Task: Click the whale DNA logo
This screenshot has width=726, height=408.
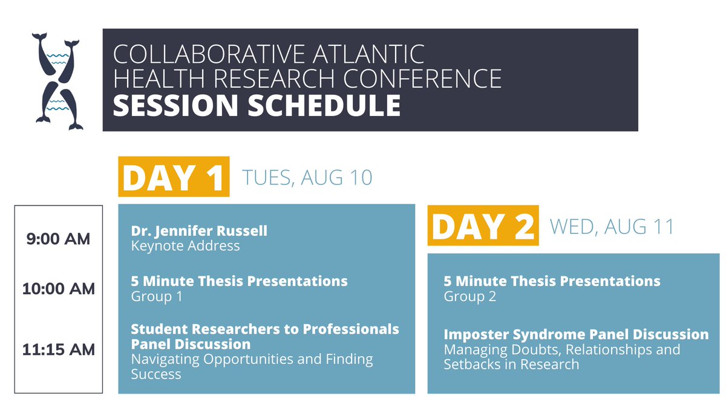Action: [59, 81]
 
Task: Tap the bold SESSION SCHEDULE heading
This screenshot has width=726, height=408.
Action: [257, 105]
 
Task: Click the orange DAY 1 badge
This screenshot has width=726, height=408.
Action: [174, 176]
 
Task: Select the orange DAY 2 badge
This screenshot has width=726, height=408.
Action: [483, 225]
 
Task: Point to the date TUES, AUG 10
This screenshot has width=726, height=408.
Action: [307, 178]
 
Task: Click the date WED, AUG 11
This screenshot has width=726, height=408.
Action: [611, 227]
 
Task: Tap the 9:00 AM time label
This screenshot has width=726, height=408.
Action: [59, 239]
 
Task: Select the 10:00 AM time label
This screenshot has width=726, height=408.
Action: [59, 289]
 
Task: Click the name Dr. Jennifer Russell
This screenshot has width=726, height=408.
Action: [199, 231]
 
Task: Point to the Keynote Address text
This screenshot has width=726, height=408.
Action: [185, 246]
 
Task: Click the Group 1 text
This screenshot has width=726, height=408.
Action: [156, 296]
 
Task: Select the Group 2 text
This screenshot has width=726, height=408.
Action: [469, 296]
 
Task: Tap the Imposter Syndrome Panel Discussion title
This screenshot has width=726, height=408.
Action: [576, 334]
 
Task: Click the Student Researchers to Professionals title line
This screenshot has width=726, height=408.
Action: [265, 329]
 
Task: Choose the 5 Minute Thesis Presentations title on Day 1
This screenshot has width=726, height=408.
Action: [239, 281]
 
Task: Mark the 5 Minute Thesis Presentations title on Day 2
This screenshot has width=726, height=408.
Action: [552, 281]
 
